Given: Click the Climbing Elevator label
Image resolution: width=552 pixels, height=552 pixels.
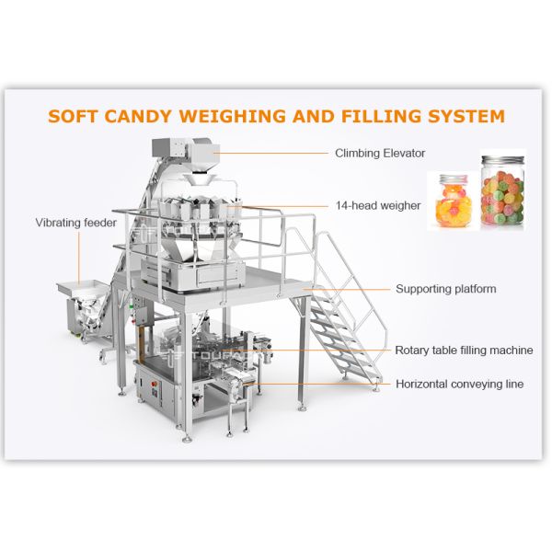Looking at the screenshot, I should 379,153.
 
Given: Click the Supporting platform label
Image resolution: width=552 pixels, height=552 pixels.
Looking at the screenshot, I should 445,289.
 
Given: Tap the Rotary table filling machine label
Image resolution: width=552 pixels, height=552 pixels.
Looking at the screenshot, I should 464,351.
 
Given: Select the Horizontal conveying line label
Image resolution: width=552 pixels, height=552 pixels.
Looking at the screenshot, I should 459,384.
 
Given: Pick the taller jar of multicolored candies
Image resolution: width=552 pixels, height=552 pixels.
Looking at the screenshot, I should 502,192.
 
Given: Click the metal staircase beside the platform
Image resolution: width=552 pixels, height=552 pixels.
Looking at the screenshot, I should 345,313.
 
